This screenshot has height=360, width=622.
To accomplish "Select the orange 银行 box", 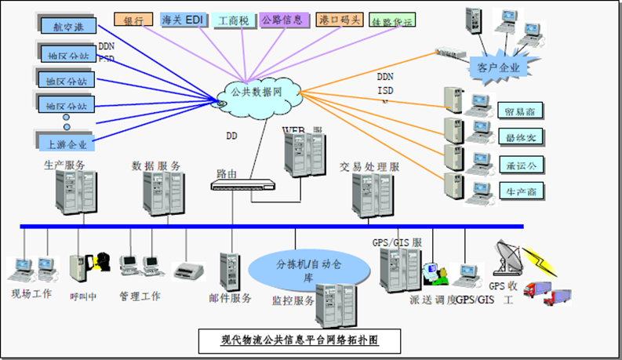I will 133,19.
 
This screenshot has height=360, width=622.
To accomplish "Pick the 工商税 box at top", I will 235,20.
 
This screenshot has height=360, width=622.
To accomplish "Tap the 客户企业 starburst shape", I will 499,67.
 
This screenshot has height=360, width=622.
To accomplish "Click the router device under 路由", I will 244,185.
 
